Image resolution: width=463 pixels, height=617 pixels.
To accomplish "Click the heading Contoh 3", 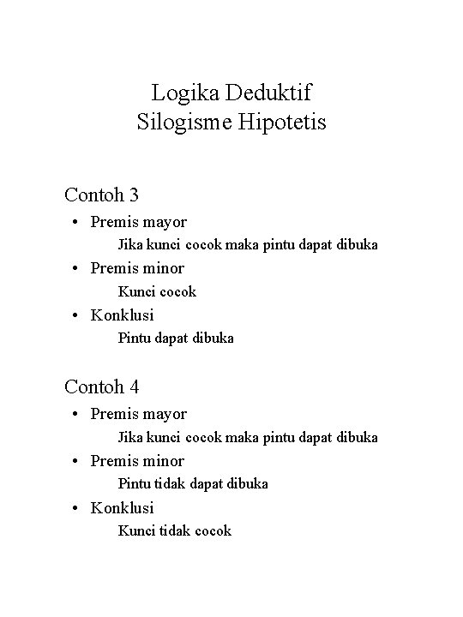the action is pyautogui.click(x=101, y=195).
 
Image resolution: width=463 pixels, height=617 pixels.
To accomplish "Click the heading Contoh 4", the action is pyautogui.click(x=101, y=386).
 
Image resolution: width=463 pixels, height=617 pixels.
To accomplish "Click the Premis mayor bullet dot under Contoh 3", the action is pyautogui.click(x=76, y=223).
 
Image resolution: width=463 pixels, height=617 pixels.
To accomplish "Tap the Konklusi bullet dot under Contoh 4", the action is pyautogui.click(x=76, y=507).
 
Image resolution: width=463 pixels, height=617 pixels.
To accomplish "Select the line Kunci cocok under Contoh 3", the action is pyautogui.click(x=157, y=291).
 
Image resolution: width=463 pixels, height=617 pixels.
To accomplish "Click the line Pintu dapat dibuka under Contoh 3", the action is pyautogui.click(x=175, y=338).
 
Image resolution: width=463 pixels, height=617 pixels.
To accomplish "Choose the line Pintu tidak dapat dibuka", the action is pyautogui.click(x=192, y=484).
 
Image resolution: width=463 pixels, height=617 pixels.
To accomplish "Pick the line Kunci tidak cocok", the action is pyautogui.click(x=174, y=531).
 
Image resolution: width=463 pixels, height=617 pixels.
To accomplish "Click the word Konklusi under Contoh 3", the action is pyautogui.click(x=123, y=315).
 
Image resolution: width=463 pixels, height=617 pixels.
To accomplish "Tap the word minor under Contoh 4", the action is pyautogui.click(x=162, y=460).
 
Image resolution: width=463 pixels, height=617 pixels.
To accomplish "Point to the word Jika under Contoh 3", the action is pyautogui.click(x=130, y=245).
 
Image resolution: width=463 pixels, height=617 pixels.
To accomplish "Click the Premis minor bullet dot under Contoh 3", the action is pyautogui.click(x=76, y=268).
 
